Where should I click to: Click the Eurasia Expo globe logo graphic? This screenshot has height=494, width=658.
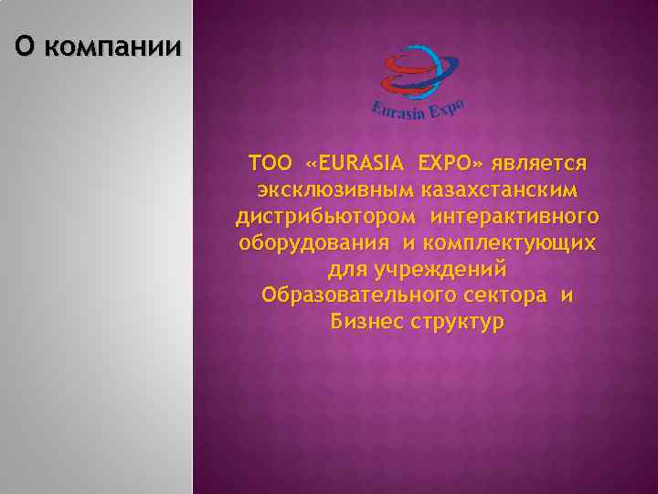(417, 72)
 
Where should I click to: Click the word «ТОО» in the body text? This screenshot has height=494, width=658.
(271, 165)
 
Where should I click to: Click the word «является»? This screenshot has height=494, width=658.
(538, 166)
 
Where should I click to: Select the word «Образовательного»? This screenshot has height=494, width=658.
(356, 296)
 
